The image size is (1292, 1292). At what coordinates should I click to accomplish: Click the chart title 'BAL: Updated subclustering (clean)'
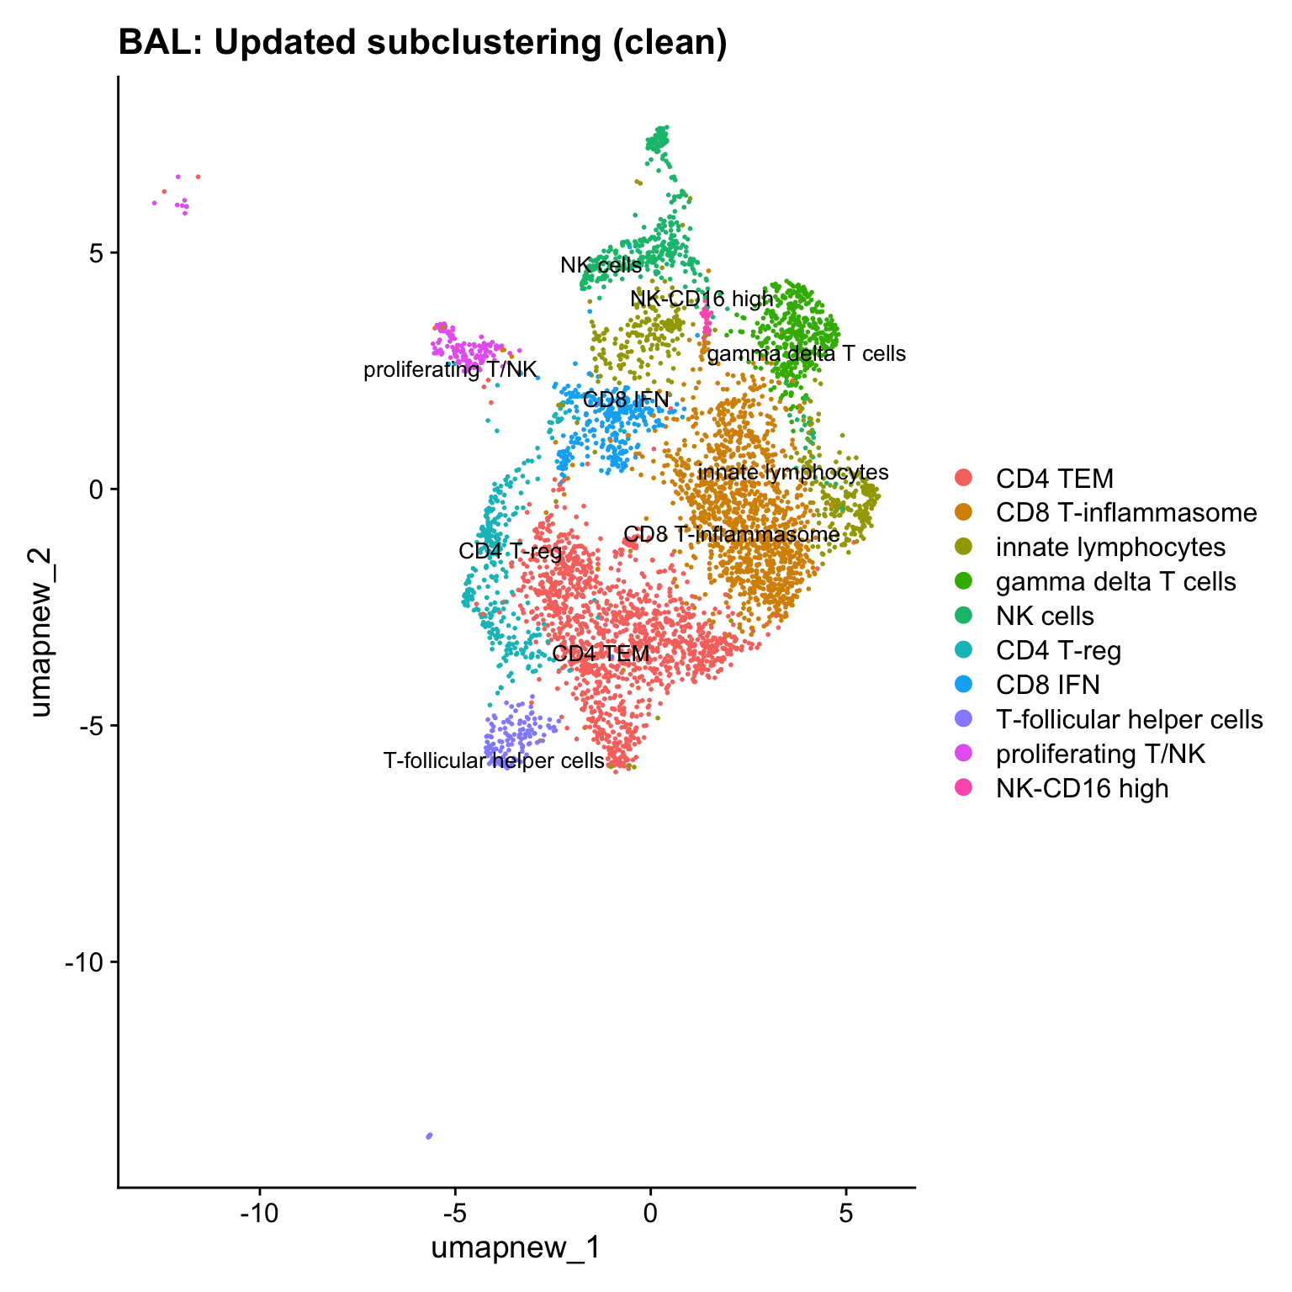(422, 42)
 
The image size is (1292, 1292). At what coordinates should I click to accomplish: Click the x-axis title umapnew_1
(516, 1247)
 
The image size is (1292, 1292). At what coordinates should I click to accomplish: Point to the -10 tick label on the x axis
(259, 1214)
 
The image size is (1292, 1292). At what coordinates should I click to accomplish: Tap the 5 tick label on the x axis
(845, 1214)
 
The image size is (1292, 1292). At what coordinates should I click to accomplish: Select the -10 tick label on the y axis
(87, 962)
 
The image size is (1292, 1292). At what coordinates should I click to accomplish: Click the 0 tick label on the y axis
(99, 489)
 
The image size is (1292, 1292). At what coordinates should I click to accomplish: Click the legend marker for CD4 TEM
(964, 479)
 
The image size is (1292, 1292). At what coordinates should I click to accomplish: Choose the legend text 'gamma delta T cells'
(1115, 581)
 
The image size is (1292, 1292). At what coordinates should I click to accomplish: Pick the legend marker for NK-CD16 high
(964, 788)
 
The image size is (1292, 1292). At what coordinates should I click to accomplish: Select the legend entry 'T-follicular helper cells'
(1129, 719)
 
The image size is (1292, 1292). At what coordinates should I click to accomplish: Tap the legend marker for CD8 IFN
(964, 685)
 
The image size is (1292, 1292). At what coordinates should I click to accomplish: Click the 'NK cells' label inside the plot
(601, 266)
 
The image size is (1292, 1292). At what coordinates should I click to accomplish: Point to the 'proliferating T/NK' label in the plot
(450, 370)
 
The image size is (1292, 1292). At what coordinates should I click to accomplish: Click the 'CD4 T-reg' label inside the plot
(510, 552)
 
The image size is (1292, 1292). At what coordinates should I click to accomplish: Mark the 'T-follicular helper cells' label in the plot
(494, 761)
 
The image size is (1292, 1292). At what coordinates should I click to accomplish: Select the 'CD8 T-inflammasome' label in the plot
(732, 535)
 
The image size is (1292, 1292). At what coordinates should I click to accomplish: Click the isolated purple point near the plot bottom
(429, 1136)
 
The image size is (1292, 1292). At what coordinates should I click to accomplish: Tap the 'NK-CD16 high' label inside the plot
(702, 299)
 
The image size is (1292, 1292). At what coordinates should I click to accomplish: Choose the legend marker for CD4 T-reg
(964, 650)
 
